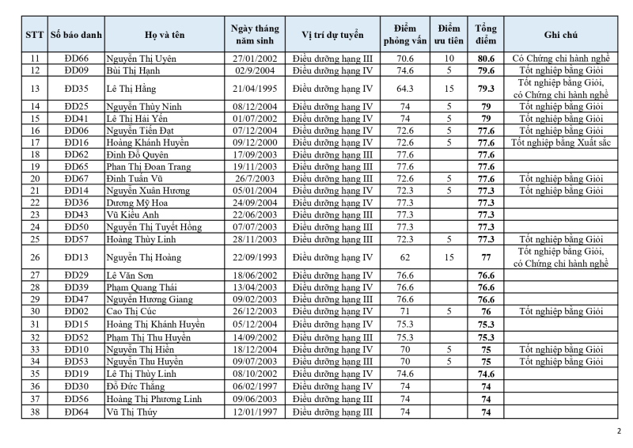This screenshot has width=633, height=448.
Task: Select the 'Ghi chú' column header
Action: coord(560,35)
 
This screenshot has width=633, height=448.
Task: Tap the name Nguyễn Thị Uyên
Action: coord(142,59)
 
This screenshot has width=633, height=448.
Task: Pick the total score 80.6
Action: coord(486,59)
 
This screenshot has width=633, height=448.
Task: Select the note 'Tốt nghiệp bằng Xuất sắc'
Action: coord(560,142)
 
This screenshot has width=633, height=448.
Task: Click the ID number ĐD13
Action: coord(76,257)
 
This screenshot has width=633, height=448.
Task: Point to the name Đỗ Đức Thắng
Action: coord(135,386)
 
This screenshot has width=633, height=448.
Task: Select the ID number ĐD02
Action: coord(76,312)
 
